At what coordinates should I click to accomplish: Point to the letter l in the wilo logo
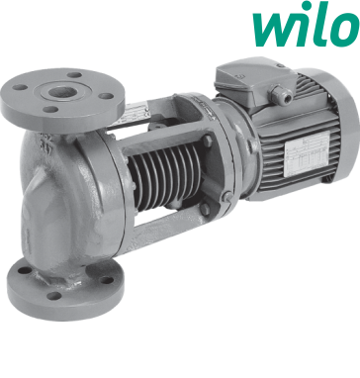[319, 24]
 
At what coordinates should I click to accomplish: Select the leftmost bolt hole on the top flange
[21, 87]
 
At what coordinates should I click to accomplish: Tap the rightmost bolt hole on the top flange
[106, 96]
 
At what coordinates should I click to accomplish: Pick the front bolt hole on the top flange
[51, 109]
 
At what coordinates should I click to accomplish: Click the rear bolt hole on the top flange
[75, 75]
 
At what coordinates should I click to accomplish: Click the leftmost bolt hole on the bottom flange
[25, 270]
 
